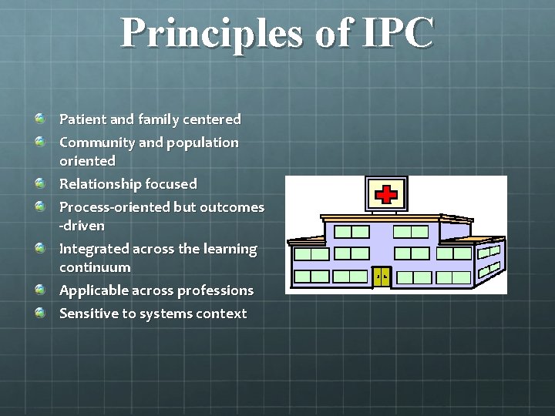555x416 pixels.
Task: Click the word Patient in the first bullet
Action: pyautogui.click(x=83, y=119)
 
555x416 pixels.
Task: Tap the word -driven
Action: pyautogui.click(x=82, y=226)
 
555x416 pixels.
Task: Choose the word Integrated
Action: pyautogui.click(x=94, y=249)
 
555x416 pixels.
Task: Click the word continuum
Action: pyautogui.click(x=95, y=267)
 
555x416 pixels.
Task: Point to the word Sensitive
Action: pyautogui.click(x=87, y=314)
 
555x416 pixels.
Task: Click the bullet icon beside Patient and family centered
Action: pyautogui.click(x=39, y=119)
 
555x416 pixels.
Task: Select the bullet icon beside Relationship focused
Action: pyautogui.click(x=39, y=183)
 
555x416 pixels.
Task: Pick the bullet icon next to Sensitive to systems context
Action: pyautogui.click(x=39, y=313)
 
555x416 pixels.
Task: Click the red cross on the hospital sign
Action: pyautogui.click(x=385, y=193)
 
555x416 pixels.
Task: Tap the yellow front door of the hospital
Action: pyautogui.click(x=381, y=277)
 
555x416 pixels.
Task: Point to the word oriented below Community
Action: pyautogui.click(x=87, y=161)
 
